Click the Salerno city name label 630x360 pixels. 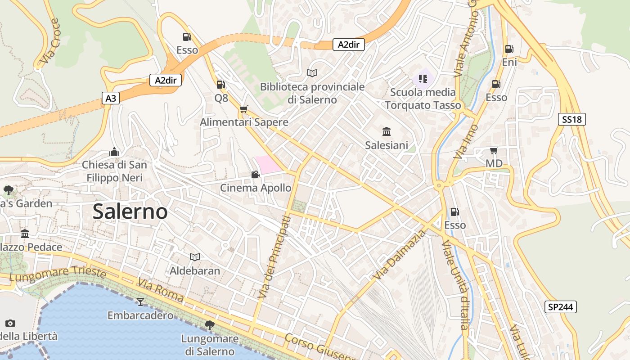pyautogui.click(x=130, y=211)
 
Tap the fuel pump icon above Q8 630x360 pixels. pyautogui.click(x=220, y=84)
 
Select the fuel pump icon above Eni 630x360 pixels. pyautogui.click(x=509, y=49)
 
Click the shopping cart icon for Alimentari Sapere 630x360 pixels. pyautogui.click(x=244, y=109)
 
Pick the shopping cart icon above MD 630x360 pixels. pyautogui.click(x=494, y=150)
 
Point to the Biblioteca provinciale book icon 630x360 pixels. pyautogui.click(x=312, y=73)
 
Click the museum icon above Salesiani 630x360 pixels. pyautogui.click(x=387, y=132)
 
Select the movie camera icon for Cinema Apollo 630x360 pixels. pyautogui.click(x=255, y=174)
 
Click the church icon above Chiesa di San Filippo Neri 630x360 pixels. pyautogui.click(x=114, y=151)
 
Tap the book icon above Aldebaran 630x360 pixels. pyautogui.click(x=194, y=257)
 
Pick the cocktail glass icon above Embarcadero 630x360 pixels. pyautogui.click(x=140, y=301)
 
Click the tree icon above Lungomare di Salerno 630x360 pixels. pyautogui.click(x=209, y=325)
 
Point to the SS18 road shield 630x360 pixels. pyautogui.click(x=572, y=119)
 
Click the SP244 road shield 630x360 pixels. pyautogui.click(x=560, y=307)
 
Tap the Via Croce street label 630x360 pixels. pyautogui.click(x=49, y=40)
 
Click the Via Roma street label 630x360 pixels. pyautogui.click(x=161, y=291)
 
